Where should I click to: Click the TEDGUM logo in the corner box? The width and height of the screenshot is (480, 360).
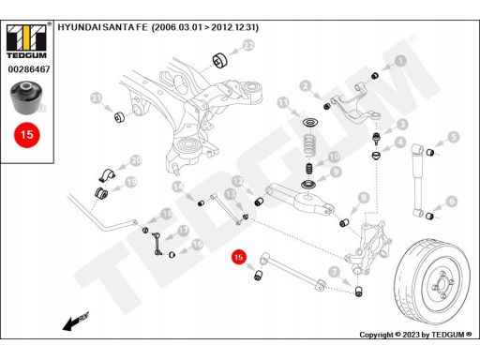[x=26, y=41]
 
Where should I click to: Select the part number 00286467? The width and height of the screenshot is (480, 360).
[x=29, y=69]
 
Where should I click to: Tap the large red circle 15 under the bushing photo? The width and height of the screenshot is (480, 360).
[x=27, y=135]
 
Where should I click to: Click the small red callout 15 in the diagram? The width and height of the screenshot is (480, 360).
[x=239, y=257]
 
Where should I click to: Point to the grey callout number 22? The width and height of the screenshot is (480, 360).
[x=248, y=46]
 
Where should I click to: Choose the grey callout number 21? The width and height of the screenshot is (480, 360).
[x=97, y=98]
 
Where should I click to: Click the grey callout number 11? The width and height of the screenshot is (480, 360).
[x=283, y=103]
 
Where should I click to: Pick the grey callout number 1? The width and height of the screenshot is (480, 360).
[x=401, y=61]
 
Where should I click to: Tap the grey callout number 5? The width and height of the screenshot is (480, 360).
[x=454, y=137]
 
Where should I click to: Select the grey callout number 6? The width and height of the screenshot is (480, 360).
[x=452, y=202]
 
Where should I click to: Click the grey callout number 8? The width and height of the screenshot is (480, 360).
[x=364, y=198]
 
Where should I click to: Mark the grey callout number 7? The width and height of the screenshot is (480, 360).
[x=335, y=272]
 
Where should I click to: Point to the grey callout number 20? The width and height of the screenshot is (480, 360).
[x=136, y=161]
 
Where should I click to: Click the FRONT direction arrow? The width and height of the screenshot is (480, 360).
[x=76, y=321]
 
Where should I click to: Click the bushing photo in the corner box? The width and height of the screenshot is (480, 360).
[x=26, y=97]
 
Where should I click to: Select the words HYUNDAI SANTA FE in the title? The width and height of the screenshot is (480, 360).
[x=102, y=27]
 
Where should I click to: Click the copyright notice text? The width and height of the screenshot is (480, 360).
[x=415, y=335]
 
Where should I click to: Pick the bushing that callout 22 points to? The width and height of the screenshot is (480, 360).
[x=220, y=60]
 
